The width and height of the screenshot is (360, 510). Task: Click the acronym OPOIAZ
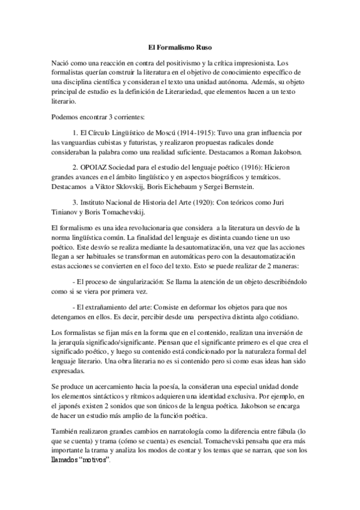click(94, 167)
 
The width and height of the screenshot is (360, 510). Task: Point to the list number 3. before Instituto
click(75, 202)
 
